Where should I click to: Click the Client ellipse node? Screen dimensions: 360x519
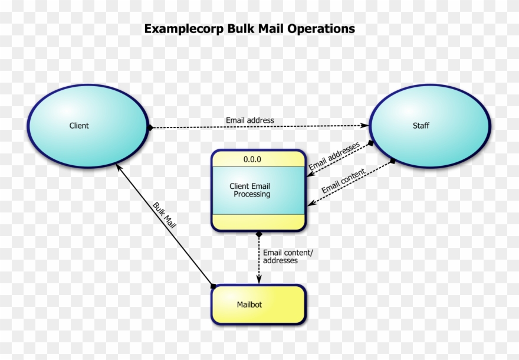point(87,126)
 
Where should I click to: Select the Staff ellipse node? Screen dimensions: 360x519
point(429,126)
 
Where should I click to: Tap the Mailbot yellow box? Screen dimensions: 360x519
point(258,305)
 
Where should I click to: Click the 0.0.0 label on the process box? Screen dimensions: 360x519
point(252,159)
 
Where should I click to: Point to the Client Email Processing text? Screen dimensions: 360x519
point(250,190)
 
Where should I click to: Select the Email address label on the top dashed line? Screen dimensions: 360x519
point(249,120)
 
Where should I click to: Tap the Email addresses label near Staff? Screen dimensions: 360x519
point(334,157)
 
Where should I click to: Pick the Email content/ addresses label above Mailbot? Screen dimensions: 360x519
point(288,257)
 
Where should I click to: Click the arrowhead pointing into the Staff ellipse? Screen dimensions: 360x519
point(364,126)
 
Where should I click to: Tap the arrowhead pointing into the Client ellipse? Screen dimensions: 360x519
point(118,168)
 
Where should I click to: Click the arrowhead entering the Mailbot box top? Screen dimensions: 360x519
point(258,280)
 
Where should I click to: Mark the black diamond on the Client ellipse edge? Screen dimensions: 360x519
point(151,127)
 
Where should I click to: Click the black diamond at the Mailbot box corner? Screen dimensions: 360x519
point(213,286)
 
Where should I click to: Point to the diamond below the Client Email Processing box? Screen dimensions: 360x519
point(258,235)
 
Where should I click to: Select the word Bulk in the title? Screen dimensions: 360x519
point(241,28)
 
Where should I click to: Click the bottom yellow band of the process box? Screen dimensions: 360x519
point(258,222)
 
